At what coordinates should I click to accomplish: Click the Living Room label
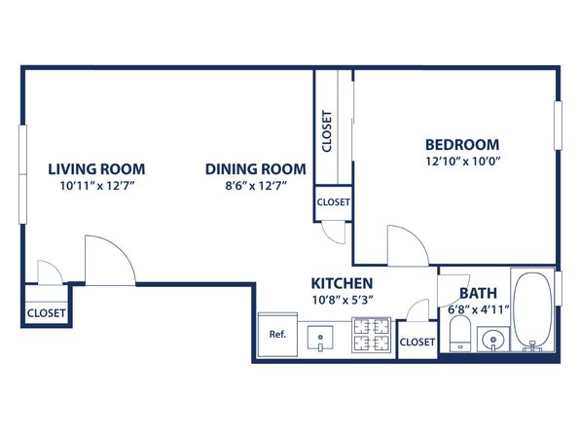(96, 169)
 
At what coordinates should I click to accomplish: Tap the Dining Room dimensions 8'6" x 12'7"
(256, 185)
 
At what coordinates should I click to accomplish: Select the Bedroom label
(462, 144)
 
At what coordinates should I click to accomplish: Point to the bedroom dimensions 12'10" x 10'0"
(463, 162)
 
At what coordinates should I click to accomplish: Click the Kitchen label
(342, 283)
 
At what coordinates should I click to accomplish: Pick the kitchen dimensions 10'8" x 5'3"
(343, 300)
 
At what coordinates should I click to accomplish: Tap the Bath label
(478, 293)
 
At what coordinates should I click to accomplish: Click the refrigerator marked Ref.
(277, 335)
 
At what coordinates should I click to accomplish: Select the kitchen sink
(320, 338)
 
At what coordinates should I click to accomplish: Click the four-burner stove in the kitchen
(371, 335)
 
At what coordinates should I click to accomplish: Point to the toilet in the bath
(459, 334)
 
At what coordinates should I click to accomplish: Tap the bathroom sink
(492, 339)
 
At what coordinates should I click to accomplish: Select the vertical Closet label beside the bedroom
(327, 131)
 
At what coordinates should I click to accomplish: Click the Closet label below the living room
(47, 313)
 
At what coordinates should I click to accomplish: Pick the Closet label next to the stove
(417, 342)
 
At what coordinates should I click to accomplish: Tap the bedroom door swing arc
(416, 237)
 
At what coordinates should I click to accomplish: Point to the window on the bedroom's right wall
(559, 126)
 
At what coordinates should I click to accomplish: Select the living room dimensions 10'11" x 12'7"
(96, 185)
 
